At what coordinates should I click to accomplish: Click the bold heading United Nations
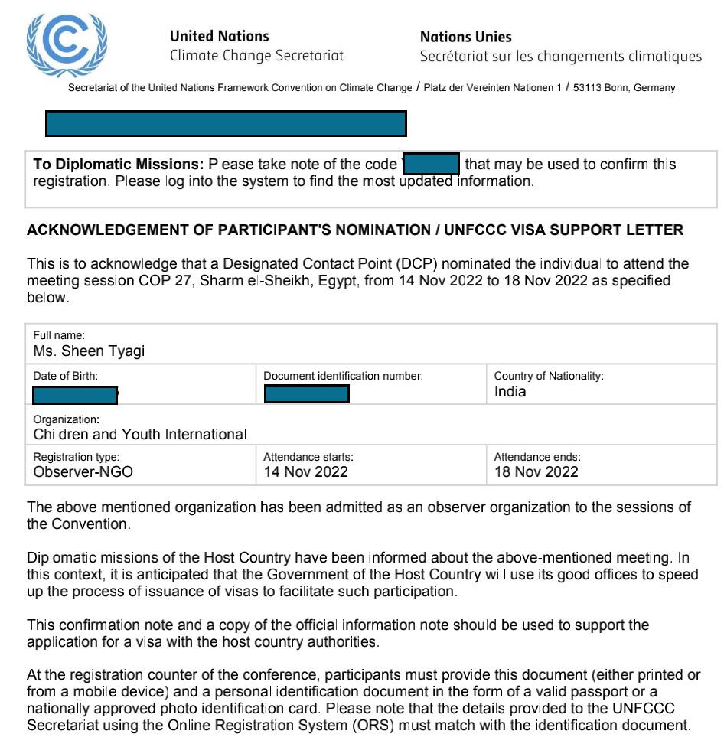point(219,36)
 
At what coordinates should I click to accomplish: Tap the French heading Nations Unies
point(466,36)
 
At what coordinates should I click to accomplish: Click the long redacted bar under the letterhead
point(226,123)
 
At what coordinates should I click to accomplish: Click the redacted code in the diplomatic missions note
point(431,165)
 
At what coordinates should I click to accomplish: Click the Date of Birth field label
point(65,376)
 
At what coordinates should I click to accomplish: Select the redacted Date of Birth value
point(75,395)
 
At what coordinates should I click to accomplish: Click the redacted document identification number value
point(307,394)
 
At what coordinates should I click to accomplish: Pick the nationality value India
point(510,393)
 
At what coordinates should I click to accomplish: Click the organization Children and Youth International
point(139,434)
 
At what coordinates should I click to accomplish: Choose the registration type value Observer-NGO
point(83,472)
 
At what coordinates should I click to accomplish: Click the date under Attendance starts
point(305,472)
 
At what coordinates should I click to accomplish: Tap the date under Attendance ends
point(536,472)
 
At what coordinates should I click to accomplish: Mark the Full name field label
point(59,336)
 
